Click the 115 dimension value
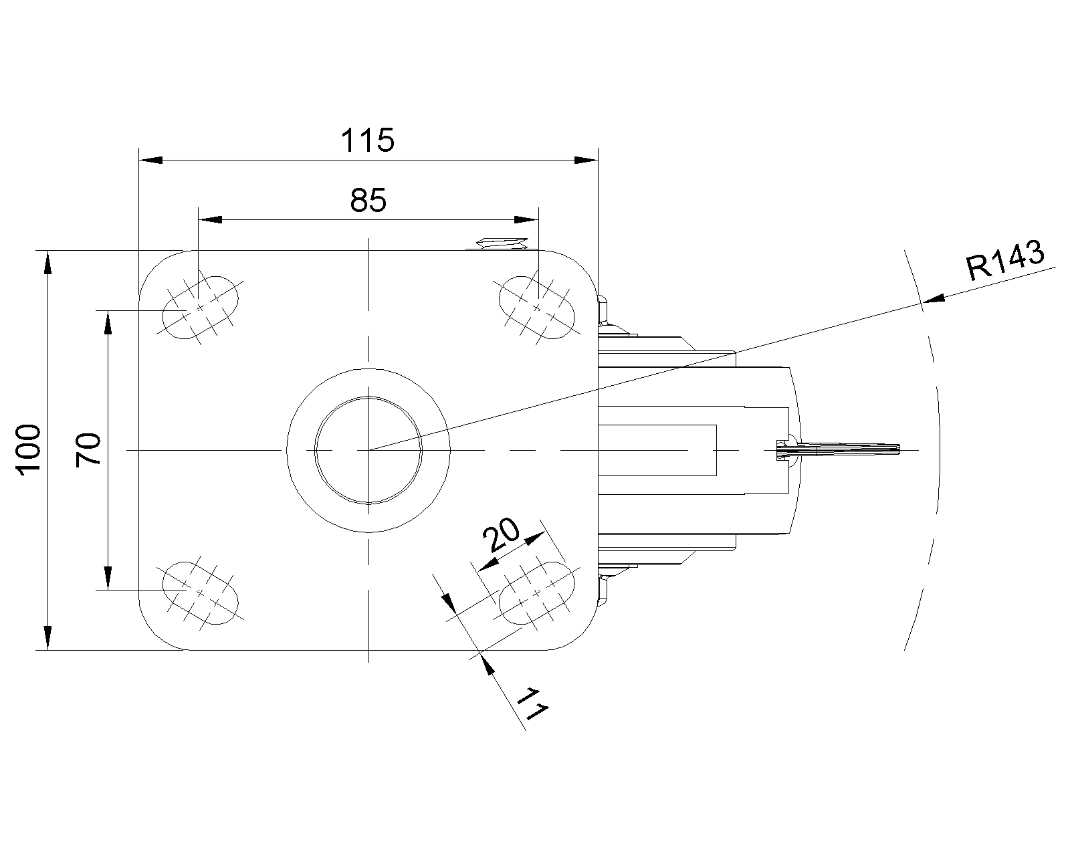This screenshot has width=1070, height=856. [368, 140]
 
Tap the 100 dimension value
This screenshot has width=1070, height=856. [30, 449]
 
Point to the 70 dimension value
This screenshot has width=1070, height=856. [88, 449]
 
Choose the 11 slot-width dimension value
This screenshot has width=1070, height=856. [533, 704]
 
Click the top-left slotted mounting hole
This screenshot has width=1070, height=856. [201, 308]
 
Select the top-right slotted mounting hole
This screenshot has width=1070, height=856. [536, 308]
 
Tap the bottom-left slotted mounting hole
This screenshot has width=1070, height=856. [201, 593]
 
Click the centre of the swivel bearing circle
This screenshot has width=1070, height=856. [368, 449]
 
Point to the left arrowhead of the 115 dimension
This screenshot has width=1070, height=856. [150, 160]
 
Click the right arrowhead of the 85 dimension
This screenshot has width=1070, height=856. [526, 219]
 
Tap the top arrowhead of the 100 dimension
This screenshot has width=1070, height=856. [47, 262]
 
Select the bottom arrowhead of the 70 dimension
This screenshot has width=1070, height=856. [107, 578]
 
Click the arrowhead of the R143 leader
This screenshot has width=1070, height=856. [934, 300]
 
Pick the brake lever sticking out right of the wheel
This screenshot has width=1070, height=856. [843, 449]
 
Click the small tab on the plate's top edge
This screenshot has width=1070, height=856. [502, 243]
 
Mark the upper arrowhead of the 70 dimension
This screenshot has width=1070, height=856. [107, 322]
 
